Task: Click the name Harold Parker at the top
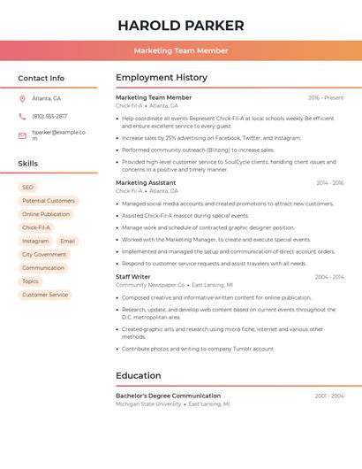point(181,26)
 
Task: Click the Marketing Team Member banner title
point(181,50)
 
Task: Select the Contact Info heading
point(41,78)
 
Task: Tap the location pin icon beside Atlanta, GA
point(22,98)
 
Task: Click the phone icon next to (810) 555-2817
point(22,116)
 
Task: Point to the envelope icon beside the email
point(22,135)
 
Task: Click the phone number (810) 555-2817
point(49,116)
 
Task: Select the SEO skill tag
point(27,188)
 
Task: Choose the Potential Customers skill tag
point(49,201)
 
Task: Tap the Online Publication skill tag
point(46,214)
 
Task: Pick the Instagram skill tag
point(35,241)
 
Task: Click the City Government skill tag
point(44,254)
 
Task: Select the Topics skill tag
point(31,281)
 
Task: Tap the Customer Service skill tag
point(45,295)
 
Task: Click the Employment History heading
point(162,78)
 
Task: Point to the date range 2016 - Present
point(326,97)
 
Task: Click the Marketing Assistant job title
point(146,182)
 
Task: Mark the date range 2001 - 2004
point(329,396)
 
